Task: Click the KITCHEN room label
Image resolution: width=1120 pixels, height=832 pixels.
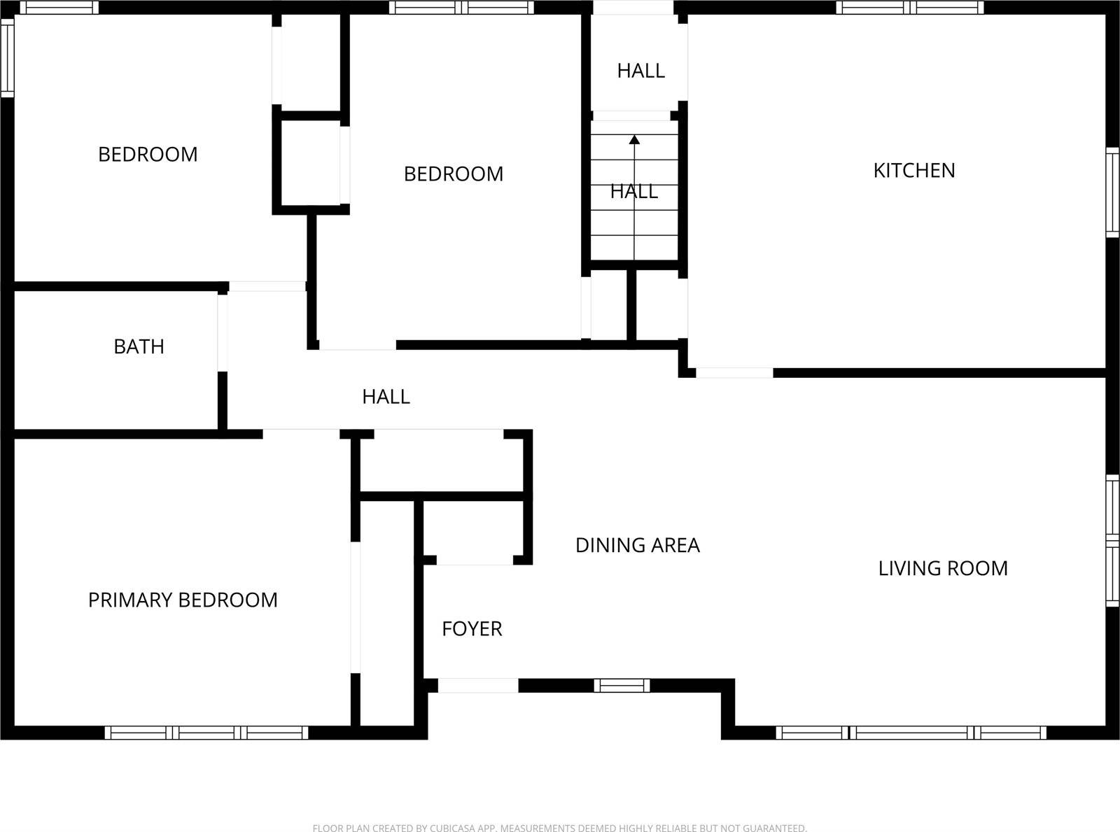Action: [x=913, y=171]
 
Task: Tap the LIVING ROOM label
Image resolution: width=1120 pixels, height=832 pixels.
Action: [x=943, y=568]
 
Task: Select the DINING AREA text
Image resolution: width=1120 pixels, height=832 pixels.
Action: [x=637, y=545]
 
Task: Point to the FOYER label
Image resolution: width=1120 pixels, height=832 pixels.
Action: [x=472, y=629]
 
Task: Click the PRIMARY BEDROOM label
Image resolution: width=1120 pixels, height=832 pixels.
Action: [x=183, y=600]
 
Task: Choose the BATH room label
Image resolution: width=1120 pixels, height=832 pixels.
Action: [x=139, y=346]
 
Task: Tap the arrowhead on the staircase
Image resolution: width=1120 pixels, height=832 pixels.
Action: [x=634, y=139]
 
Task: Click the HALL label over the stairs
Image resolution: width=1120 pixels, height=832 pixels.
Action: [x=633, y=191]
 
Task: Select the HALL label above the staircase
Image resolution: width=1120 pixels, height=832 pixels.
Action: [x=640, y=71]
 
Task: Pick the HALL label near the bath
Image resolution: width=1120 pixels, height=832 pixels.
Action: [x=386, y=397]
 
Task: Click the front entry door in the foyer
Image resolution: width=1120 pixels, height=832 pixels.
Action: [x=478, y=686]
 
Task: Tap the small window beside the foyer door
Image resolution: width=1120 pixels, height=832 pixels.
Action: [x=622, y=686]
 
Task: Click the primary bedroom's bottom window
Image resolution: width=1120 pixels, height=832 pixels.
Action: [x=206, y=733]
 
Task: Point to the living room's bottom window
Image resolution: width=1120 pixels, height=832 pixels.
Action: [x=911, y=733]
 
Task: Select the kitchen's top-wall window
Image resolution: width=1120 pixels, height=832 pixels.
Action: [x=910, y=8]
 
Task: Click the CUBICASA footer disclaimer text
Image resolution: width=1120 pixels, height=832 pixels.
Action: [x=559, y=828]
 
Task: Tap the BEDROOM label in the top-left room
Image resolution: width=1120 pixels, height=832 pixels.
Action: [x=148, y=155]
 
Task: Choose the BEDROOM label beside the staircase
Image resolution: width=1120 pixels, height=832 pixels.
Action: [x=454, y=174]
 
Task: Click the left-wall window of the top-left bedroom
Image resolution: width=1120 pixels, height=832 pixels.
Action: [x=7, y=57]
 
